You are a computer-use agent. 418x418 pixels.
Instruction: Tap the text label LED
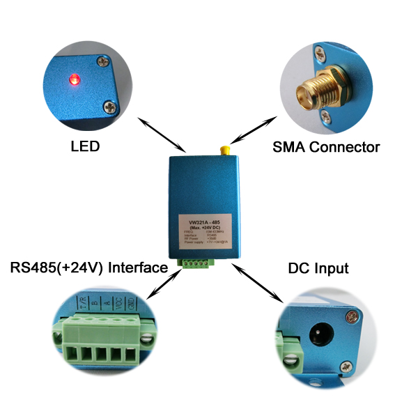click(85, 147)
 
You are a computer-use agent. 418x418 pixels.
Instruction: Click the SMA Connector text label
click(326, 147)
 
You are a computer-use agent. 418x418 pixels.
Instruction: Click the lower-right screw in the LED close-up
click(110, 107)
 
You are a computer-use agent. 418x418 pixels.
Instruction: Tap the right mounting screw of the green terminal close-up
click(146, 341)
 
